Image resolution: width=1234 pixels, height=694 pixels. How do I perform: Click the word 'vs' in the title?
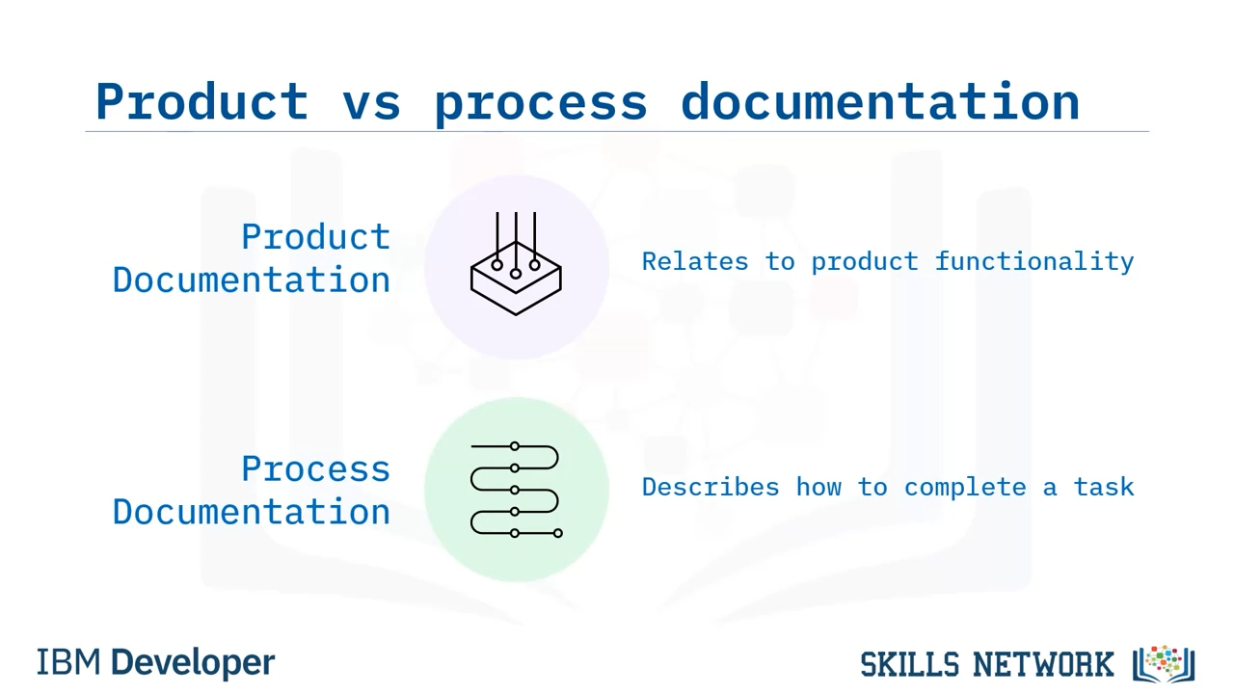[x=371, y=102]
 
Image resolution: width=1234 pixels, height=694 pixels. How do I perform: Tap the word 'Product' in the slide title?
[x=201, y=100]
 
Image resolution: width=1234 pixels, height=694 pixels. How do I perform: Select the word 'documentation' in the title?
[x=880, y=100]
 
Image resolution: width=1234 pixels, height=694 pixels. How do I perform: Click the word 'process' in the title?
[x=541, y=106]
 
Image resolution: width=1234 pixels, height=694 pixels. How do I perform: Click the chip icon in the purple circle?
[x=516, y=264]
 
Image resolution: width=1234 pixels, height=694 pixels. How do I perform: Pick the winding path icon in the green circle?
[x=516, y=490]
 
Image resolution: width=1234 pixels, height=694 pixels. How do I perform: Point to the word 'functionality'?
[x=1034, y=261]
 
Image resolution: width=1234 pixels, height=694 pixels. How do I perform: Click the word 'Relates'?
[x=695, y=261]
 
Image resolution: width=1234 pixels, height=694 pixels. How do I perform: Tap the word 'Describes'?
[x=711, y=487]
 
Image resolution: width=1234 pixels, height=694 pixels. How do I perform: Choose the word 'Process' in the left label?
[x=315, y=469]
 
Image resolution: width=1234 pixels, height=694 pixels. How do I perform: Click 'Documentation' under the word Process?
[x=252, y=512]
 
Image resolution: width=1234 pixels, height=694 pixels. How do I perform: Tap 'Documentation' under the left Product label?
[x=252, y=280]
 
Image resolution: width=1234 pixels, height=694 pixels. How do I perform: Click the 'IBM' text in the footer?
[x=68, y=662]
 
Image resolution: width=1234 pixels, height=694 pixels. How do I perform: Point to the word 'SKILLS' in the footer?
[x=909, y=664]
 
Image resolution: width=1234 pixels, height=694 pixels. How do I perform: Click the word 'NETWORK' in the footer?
[x=1043, y=664]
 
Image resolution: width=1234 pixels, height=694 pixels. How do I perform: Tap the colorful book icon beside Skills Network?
[x=1164, y=664]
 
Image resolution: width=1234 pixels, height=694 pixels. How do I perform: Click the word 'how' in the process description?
[x=818, y=487]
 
